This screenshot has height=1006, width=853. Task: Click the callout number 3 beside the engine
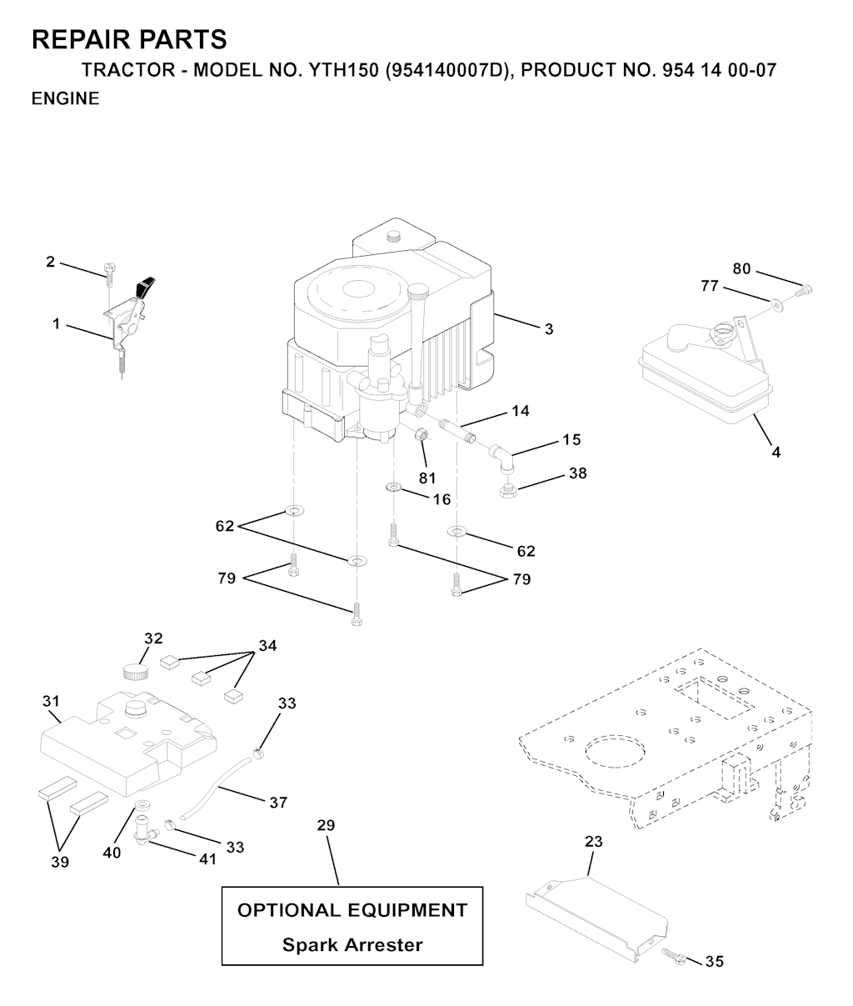[549, 329]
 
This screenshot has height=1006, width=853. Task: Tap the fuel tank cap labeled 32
[136, 672]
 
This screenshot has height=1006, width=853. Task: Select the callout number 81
[427, 478]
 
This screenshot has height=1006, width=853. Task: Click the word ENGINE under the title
[66, 99]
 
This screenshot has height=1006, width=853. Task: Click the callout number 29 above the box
[326, 825]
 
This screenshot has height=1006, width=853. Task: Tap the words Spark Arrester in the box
[352, 944]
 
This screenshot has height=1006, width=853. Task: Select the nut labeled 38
[507, 491]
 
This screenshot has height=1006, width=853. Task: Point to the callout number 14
[521, 411]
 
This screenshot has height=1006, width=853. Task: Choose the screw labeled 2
[109, 276]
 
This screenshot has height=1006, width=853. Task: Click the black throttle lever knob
[146, 286]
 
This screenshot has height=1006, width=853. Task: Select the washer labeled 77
[777, 306]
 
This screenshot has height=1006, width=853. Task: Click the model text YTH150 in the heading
[344, 71]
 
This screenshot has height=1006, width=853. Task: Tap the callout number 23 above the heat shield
[594, 842]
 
